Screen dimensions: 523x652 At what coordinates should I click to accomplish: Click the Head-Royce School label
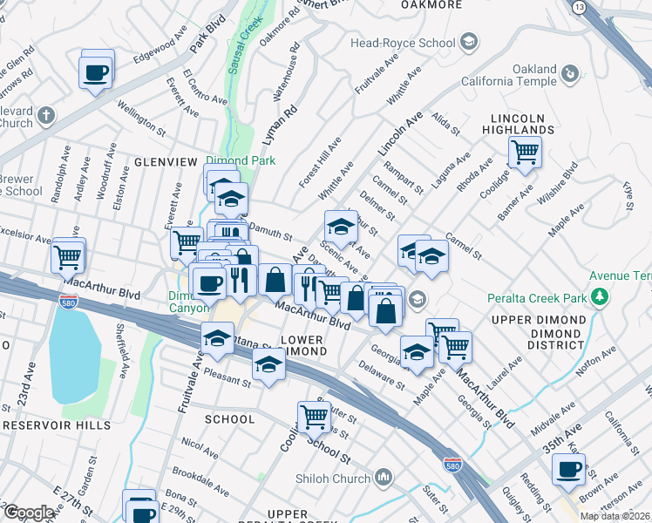402,43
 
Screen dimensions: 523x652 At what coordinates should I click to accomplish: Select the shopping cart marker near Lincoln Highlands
525,153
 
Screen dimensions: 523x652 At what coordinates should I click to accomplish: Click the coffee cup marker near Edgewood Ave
97,71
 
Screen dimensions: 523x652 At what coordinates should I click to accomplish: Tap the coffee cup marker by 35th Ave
568,470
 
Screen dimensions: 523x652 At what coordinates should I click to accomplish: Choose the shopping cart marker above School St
313,417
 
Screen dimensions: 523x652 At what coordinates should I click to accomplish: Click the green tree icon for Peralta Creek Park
599,297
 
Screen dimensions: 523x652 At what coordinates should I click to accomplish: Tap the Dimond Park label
241,160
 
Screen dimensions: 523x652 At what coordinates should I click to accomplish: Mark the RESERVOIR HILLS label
57,425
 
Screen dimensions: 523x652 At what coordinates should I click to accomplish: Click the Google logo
29,513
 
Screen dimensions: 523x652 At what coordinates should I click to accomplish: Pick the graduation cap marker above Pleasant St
216,339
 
